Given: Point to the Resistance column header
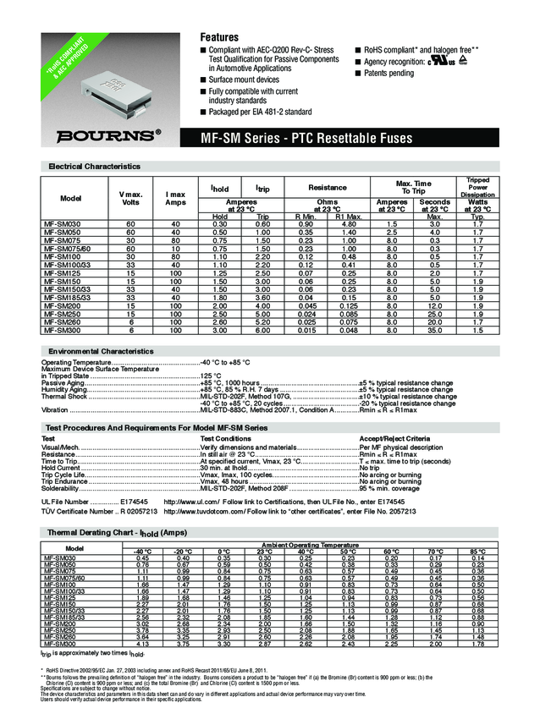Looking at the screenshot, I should (x=328, y=186).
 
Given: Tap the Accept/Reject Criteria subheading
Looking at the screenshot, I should (x=394, y=438).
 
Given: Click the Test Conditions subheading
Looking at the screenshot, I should (x=225, y=438).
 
